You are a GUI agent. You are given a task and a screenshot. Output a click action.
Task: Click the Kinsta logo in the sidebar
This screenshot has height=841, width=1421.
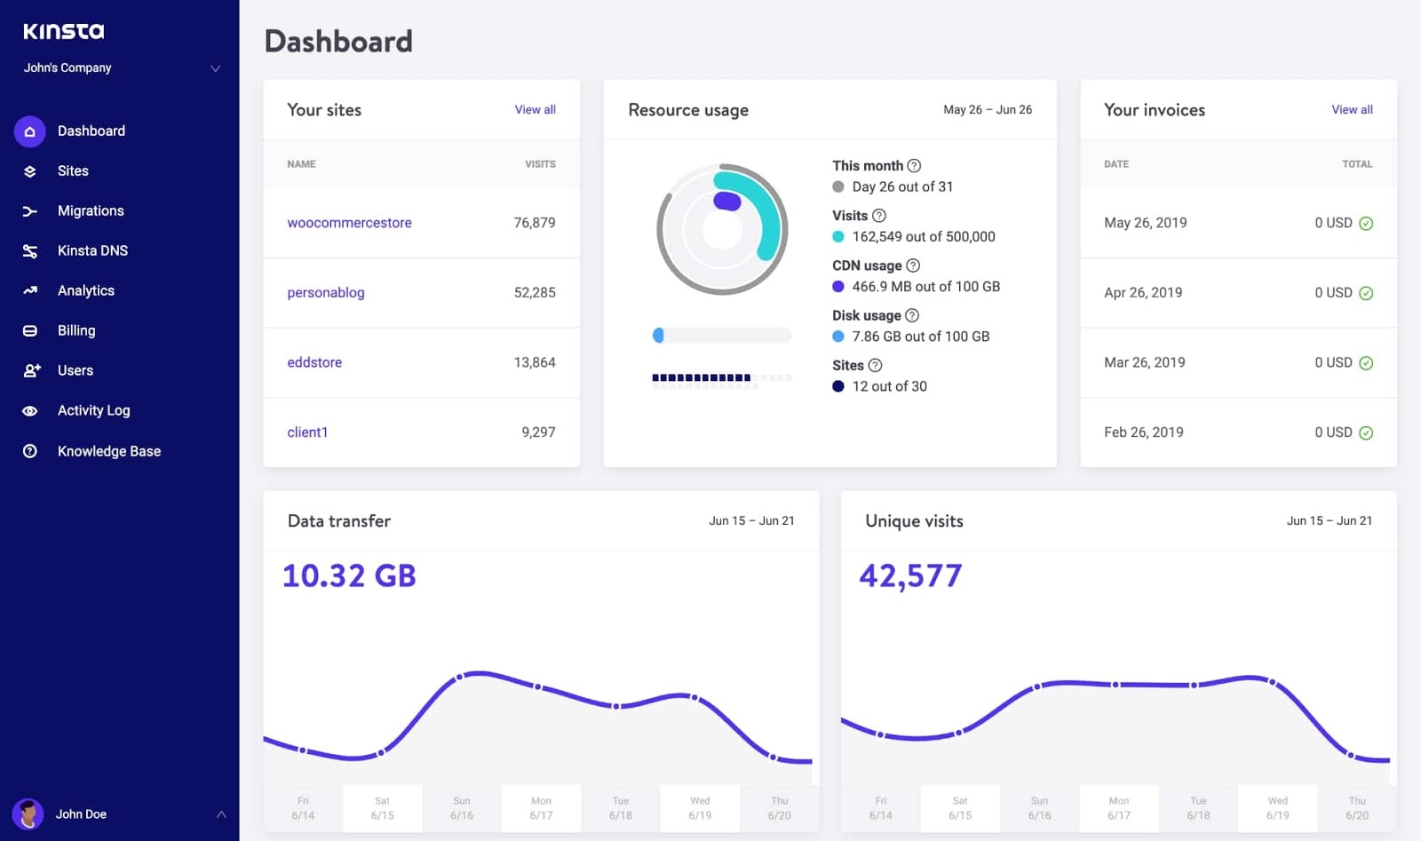tap(63, 31)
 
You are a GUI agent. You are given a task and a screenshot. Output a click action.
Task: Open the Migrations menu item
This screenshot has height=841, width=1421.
tap(91, 210)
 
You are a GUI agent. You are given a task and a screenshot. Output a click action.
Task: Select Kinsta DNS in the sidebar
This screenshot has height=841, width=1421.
tap(92, 250)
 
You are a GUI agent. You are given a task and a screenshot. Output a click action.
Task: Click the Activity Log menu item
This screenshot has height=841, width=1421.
tap(93, 410)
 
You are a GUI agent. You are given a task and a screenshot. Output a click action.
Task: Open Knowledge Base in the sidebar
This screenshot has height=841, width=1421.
tap(108, 451)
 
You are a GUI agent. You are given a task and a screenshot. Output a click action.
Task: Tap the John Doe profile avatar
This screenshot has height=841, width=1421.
tap(28, 813)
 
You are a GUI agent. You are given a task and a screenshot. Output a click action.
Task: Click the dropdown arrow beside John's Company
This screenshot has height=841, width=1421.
tap(215, 68)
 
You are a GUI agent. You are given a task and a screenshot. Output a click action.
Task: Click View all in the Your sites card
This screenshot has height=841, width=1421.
tap(535, 109)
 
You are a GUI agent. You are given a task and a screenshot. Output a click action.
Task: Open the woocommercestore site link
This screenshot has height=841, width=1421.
tap(349, 223)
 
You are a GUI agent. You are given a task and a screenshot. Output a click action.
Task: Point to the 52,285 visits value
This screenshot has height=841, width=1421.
tap(534, 292)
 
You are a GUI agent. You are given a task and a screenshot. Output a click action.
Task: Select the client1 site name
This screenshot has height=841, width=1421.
tap(307, 432)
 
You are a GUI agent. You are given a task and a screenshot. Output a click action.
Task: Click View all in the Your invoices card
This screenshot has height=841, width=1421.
tap(1351, 109)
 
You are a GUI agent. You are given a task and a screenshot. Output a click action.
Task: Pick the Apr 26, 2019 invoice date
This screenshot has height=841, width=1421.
tap(1143, 292)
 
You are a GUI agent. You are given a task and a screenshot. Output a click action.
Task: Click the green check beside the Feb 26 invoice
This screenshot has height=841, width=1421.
tap(1366, 433)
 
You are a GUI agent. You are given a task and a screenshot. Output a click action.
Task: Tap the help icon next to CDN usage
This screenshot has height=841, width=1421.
tap(913, 266)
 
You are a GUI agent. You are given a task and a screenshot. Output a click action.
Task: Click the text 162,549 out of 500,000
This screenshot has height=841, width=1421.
tap(923, 236)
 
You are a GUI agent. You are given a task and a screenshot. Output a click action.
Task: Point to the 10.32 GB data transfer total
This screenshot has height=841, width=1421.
tap(349, 575)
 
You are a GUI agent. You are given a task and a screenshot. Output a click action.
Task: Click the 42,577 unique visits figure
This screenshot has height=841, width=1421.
tap(910, 575)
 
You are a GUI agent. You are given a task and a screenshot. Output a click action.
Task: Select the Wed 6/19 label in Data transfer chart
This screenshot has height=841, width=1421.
tap(700, 807)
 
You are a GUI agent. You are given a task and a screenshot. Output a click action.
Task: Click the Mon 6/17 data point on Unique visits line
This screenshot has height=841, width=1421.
tap(1115, 685)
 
